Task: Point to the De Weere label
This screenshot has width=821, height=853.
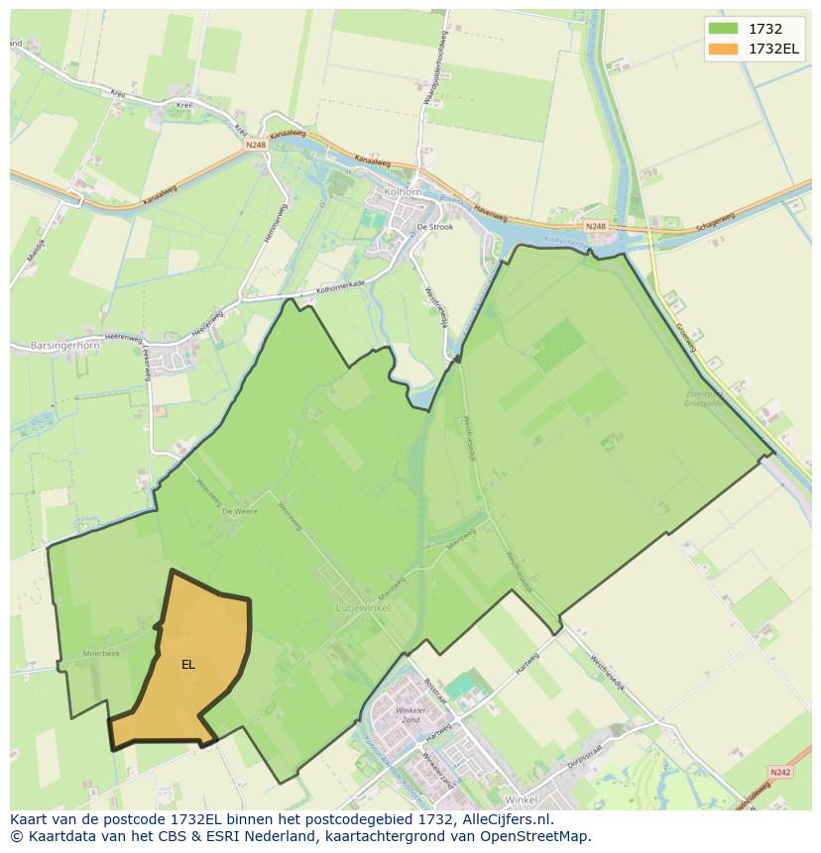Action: [239, 511]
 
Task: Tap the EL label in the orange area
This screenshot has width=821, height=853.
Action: [188, 665]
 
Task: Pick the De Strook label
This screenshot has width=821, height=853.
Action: [434, 227]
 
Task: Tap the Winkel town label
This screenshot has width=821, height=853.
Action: [520, 800]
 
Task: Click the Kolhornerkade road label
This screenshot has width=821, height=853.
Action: [341, 289]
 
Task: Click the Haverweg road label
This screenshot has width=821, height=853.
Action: [490, 212]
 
